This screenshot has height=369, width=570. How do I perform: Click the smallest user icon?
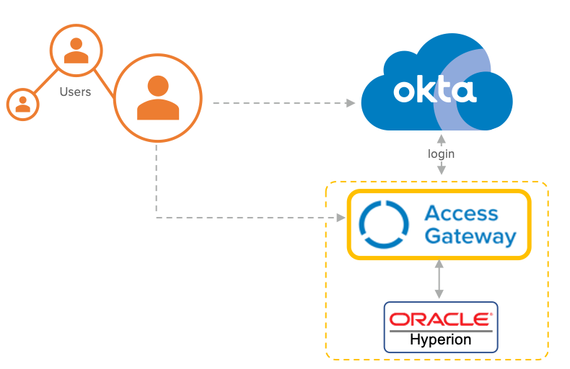tap(23, 104)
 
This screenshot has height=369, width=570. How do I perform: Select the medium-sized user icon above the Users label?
tap(75, 50)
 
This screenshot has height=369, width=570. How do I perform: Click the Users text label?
tap(75, 92)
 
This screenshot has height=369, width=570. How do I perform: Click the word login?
tap(441, 154)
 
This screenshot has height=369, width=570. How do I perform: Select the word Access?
tap(461, 213)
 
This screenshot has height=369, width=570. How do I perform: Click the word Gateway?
tap(470, 236)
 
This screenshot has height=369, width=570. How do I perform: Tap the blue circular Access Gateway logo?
tap(383, 225)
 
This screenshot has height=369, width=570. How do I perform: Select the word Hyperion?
tap(440, 339)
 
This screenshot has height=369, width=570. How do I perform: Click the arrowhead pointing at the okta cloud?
tap(351, 103)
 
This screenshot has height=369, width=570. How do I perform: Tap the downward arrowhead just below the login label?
tap(441, 171)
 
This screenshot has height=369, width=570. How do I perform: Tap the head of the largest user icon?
tap(158, 85)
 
